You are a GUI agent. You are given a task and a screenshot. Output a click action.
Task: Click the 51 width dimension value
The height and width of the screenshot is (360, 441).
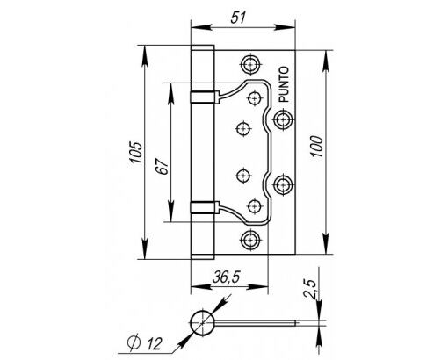pos(237,18)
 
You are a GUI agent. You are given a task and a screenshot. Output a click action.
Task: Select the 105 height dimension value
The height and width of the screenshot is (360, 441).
pos(136,153)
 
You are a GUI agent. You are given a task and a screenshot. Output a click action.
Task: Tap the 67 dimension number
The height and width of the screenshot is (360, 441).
pos(163,167)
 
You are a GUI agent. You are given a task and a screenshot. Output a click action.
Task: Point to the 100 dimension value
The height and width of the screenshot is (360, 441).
pos(316,147)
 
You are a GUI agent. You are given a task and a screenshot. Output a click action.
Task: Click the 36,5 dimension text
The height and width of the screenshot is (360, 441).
pos(226,277)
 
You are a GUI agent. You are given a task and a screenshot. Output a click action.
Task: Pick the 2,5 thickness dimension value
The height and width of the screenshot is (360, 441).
pos(310,289)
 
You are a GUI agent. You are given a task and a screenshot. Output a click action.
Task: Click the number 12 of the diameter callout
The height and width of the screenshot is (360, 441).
pos(154,343)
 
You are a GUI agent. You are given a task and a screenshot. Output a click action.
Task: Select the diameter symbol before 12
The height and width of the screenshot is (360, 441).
pos(134,342)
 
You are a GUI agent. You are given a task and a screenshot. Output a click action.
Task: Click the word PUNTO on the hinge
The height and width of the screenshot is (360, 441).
pos(284,84)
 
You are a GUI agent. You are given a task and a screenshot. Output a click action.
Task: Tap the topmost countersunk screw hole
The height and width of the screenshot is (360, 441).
pos(250,63)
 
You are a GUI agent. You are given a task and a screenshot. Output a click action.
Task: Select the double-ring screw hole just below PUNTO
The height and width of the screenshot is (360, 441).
pos(283,119)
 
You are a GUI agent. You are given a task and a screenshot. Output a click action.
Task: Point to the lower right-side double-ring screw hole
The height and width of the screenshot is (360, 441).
pos(283,185)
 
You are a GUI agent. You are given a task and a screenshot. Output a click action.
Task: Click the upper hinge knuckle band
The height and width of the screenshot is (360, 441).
pos(205,97)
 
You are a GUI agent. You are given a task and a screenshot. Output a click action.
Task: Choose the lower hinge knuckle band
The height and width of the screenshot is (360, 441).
pos(205,207)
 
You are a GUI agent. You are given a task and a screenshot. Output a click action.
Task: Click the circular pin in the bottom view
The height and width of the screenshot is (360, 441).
pos(203,323)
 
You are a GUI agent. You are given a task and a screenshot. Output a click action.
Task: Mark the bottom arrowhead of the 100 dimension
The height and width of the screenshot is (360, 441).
pos(325,244)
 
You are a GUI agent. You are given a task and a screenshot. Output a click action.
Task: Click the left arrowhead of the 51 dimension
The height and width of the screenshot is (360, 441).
pos(201,27)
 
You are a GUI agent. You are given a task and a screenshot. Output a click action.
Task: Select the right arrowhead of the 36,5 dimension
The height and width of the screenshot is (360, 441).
pos(258,286)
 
